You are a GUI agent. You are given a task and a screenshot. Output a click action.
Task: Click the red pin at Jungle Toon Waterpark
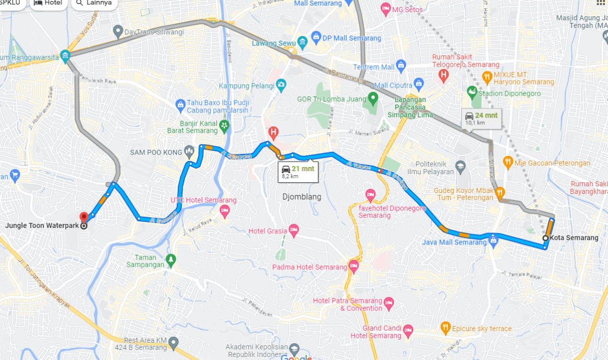click(84, 217)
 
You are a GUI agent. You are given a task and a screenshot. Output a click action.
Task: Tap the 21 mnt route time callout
click(298, 172)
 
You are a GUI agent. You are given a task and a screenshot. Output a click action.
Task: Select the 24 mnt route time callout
click(481, 118)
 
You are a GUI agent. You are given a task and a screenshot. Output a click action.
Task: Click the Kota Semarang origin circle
click(545, 238)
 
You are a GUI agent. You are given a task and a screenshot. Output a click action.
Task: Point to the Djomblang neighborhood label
click(302, 197)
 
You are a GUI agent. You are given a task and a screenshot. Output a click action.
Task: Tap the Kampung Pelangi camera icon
click(281, 84)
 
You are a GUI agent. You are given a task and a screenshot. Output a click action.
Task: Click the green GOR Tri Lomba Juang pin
click(373, 97)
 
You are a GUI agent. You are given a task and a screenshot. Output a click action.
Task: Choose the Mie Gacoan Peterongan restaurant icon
click(508, 163)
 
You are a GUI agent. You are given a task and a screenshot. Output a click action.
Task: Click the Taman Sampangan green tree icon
click(171, 259)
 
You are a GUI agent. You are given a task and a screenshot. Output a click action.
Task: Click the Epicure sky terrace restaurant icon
click(445, 328)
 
